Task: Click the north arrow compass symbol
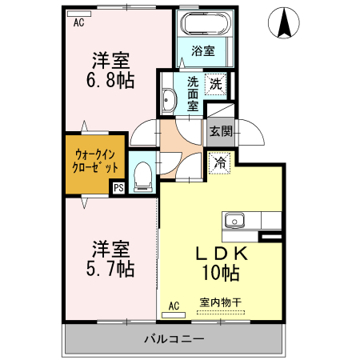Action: pyautogui.click(x=284, y=23)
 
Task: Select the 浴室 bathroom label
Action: pyautogui.click(x=203, y=52)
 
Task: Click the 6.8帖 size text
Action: pyautogui.click(x=111, y=81)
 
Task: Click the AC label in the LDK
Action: pyautogui.click(x=174, y=304)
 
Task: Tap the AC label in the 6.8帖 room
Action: pyautogui.click(x=78, y=24)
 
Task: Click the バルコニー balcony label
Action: pyautogui.click(x=174, y=338)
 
